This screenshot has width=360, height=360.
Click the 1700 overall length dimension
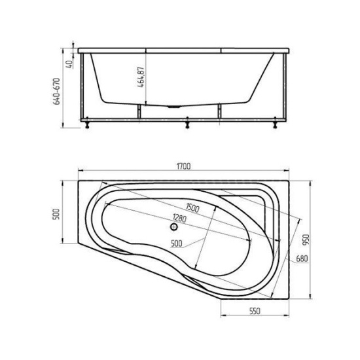pos(184,166)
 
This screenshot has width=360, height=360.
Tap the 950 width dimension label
pos(307,240)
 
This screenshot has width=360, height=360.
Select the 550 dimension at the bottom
pos(255,311)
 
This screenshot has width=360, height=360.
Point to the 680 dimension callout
pos(302,259)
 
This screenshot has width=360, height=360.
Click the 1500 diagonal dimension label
pos(192,207)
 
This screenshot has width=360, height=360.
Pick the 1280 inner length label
pos(179,218)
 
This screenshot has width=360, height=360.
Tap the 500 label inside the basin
pos(177,243)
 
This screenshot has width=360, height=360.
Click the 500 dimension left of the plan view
pos(56,214)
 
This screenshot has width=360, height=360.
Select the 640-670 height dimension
pos(56,92)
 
